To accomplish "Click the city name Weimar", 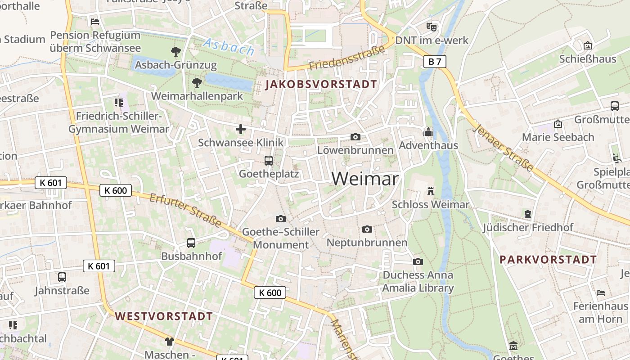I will click(x=365, y=179).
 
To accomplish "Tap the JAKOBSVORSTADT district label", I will click(x=321, y=84).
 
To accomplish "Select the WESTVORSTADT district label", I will click(x=163, y=316).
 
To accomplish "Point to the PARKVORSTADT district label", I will click(x=548, y=260).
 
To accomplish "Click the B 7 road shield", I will click(x=435, y=62).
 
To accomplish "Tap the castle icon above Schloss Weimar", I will click(x=431, y=191).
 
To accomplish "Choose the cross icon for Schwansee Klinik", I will click(x=241, y=130).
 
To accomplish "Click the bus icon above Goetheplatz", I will click(x=269, y=160).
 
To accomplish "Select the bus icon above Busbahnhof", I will click(x=191, y=243).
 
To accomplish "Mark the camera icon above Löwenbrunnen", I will click(x=355, y=137).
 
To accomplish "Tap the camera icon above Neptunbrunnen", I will click(x=367, y=229).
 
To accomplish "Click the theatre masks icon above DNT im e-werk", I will click(x=432, y=27).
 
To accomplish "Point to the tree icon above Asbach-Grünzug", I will click(x=176, y=52).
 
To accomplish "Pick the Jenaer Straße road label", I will click(x=504, y=148).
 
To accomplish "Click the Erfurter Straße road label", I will click(x=185, y=211).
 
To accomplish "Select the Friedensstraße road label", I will click(x=347, y=58).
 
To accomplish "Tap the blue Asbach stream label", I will click(x=229, y=46).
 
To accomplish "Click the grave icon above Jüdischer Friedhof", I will click(x=528, y=214).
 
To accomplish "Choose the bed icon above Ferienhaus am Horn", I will click(x=600, y=293).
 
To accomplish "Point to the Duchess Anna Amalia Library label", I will click(x=418, y=281).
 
